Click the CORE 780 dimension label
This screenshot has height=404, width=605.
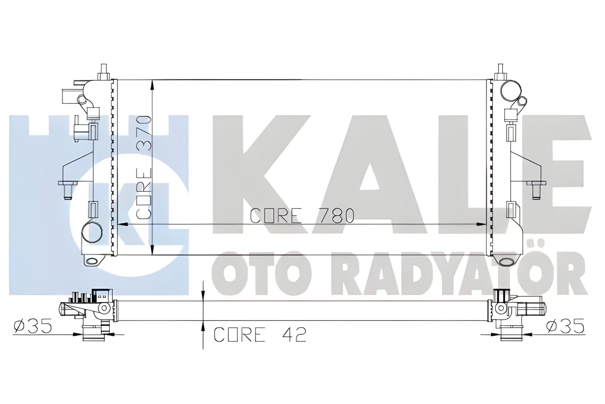(302, 216)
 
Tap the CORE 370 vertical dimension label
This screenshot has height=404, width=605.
(144, 167)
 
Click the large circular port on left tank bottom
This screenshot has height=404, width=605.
(92, 233)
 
